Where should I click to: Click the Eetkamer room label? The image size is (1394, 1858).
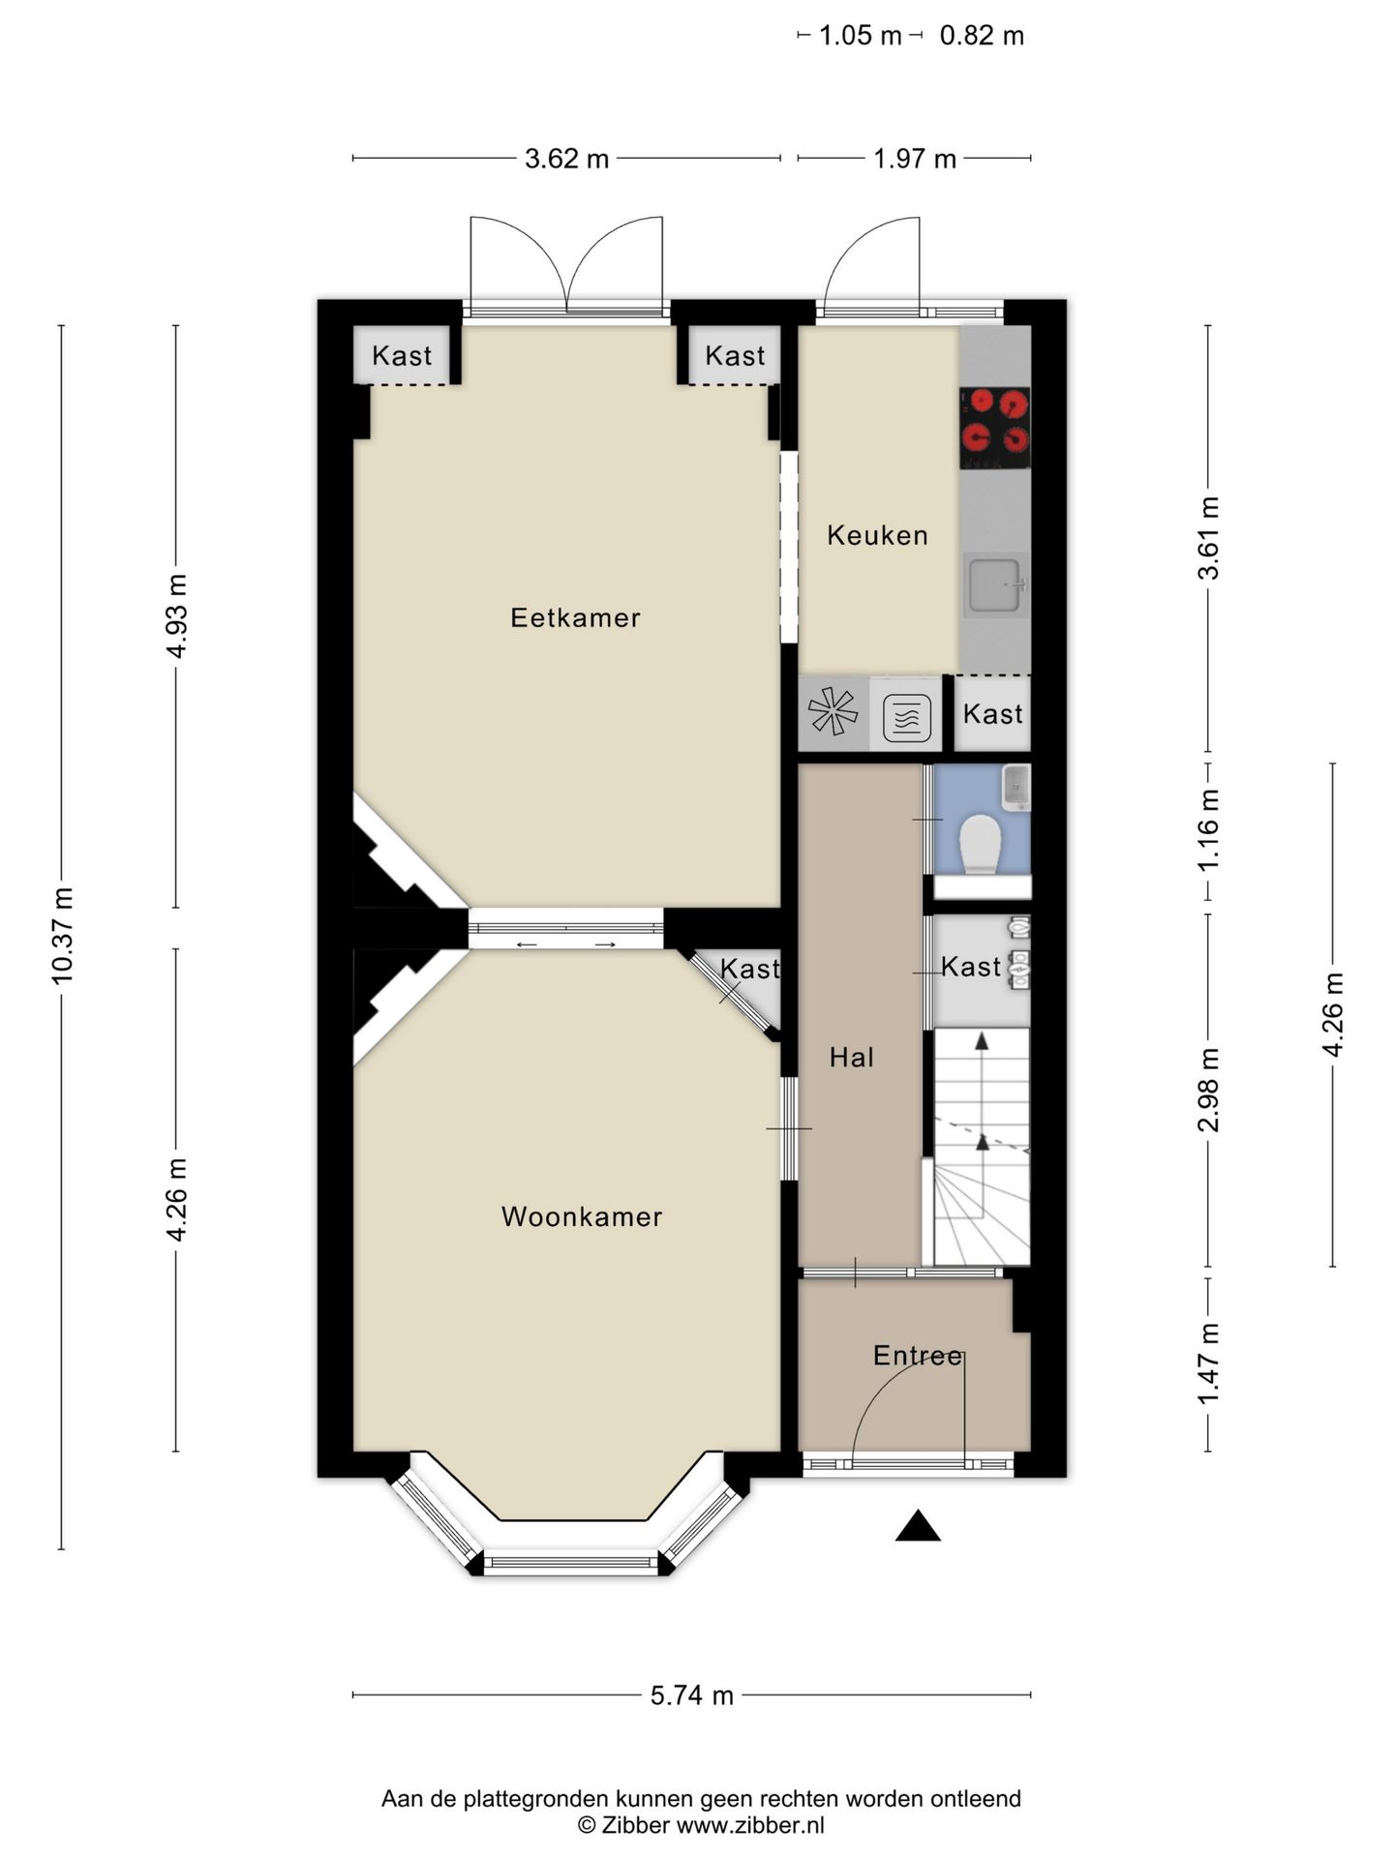[x=575, y=617]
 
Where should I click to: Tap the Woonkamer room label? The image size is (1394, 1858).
[x=582, y=1216]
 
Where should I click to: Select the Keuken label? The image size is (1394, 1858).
[x=877, y=535]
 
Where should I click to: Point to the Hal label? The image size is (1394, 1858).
[x=852, y=1057]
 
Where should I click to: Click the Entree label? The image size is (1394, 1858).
[x=918, y=1356]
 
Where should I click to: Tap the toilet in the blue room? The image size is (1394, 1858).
[x=982, y=844]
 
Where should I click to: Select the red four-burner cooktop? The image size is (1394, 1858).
[x=995, y=429]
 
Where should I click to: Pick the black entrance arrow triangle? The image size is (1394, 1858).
[x=918, y=1525]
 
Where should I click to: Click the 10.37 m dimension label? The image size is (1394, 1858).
[x=62, y=936]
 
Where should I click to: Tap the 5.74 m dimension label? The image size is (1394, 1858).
[x=691, y=1695]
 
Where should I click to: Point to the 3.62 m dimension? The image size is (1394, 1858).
[x=567, y=159]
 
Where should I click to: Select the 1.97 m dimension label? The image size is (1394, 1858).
[x=915, y=159]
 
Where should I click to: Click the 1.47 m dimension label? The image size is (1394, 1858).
[x=1208, y=1364]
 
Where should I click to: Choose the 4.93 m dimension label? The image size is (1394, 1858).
[x=176, y=616]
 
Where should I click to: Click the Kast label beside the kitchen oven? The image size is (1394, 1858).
[x=993, y=714]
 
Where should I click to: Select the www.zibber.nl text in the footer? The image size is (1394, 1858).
[x=750, y=1825]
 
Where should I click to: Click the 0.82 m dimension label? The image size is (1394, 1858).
[x=982, y=36]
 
